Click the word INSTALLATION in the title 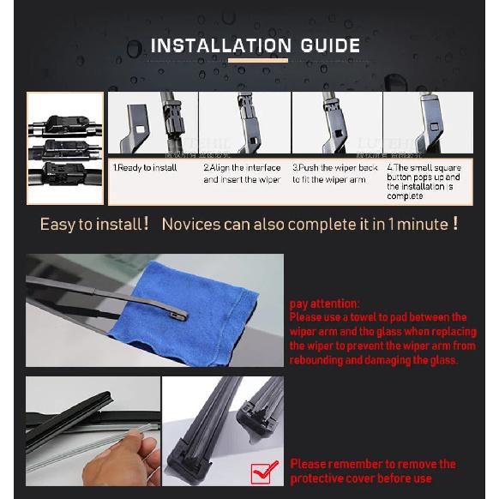(221, 45)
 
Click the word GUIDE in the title (330, 45)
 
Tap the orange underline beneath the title (258, 61)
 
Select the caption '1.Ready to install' (145, 168)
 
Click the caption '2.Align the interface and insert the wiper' (242, 173)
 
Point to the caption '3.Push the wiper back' (334, 168)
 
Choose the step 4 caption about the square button (424, 182)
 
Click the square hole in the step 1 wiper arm (141, 129)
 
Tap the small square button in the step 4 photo (435, 127)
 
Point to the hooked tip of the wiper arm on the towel (179, 315)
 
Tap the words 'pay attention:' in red (324, 304)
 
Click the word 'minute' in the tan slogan (423, 224)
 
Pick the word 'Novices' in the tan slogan (191, 224)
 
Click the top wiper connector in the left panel (66, 125)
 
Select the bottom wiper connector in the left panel (63, 174)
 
